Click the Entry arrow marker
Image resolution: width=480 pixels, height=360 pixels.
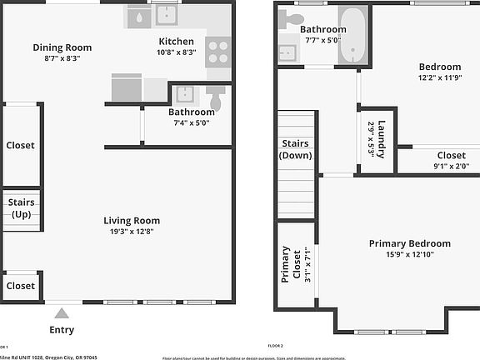tap(61, 313)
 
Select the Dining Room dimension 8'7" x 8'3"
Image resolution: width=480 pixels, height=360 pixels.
tap(62, 59)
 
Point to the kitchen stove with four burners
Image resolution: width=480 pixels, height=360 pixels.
tap(218, 52)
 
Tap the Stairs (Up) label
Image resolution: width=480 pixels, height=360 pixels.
tap(21, 208)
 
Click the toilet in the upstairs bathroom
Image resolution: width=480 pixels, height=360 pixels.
tap(292, 17)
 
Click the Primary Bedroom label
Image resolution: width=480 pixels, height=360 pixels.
tap(409, 244)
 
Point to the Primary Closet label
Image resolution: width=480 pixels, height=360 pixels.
tap(285, 264)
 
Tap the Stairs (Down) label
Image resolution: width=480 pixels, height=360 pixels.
tap(296, 149)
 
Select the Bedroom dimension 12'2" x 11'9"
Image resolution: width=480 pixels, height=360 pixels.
tap(439, 78)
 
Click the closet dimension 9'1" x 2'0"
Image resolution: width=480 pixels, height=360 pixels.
tap(451, 166)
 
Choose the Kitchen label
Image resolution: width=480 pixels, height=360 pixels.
tap(176, 42)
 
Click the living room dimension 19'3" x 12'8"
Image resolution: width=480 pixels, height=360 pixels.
tap(131, 232)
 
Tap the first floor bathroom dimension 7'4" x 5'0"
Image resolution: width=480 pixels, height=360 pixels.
tap(191, 122)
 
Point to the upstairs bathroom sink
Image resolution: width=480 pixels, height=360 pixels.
tap(287, 54)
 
